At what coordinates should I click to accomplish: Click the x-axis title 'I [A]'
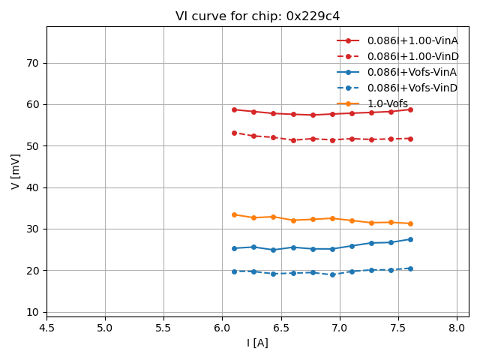[257, 343]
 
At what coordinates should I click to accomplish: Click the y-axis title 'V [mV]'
[16, 171]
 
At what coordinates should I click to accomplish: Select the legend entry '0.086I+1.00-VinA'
[412, 40]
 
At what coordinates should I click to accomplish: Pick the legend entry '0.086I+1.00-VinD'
[412, 56]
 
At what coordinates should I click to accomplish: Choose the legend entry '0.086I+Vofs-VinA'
[412, 72]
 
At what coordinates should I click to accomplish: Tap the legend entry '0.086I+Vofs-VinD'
[412, 88]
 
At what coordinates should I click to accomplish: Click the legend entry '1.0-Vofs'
[388, 103]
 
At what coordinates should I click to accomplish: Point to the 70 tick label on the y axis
[32, 63]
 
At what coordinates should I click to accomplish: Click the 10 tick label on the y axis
[32, 312]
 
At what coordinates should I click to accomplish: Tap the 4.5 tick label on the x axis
[46, 328]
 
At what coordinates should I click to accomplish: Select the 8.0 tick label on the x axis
[457, 328]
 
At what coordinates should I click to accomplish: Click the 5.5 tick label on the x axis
[163, 328]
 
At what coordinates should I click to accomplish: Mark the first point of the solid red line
[234, 109]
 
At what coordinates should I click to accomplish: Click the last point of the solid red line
[410, 109]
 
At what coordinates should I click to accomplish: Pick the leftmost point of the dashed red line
[234, 133]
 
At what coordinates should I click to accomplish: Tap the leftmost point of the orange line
[234, 214]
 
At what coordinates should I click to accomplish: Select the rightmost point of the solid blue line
[410, 239]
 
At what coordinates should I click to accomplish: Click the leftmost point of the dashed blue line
[234, 271]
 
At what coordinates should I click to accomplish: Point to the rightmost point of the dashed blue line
[410, 268]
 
